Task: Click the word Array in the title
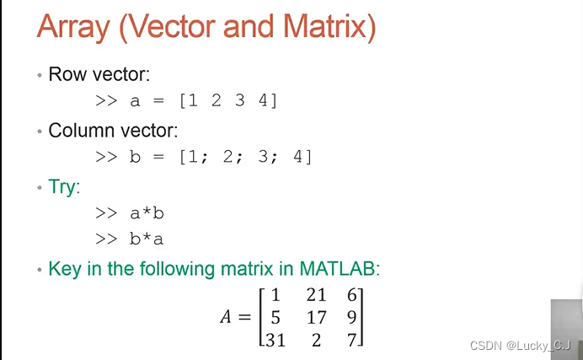[72, 29]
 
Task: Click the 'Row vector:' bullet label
[99, 74]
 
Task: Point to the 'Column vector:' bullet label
[113, 131]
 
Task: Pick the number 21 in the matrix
[315, 296]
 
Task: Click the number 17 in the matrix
[315, 319]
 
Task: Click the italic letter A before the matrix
[226, 319]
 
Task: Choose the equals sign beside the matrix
[244, 319]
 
